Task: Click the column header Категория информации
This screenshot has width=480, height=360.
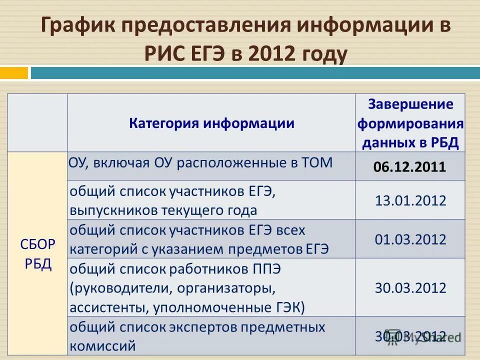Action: (x=211, y=123)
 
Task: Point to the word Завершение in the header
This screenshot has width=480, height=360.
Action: (x=410, y=104)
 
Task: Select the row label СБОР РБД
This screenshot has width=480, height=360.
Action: (x=38, y=254)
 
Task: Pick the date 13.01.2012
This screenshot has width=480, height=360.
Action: (x=410, y=200)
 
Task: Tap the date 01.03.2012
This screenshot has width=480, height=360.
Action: (x=410, y=239)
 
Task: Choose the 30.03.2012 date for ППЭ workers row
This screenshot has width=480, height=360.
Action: (x=410, y=287)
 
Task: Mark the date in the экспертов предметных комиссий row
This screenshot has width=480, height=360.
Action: (x=410, y=336)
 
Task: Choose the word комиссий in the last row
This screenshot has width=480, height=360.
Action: (x=102, y=345)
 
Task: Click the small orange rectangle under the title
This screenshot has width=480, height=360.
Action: (x=14, y=73)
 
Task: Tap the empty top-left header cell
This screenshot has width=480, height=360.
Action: (x=38, y=123)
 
